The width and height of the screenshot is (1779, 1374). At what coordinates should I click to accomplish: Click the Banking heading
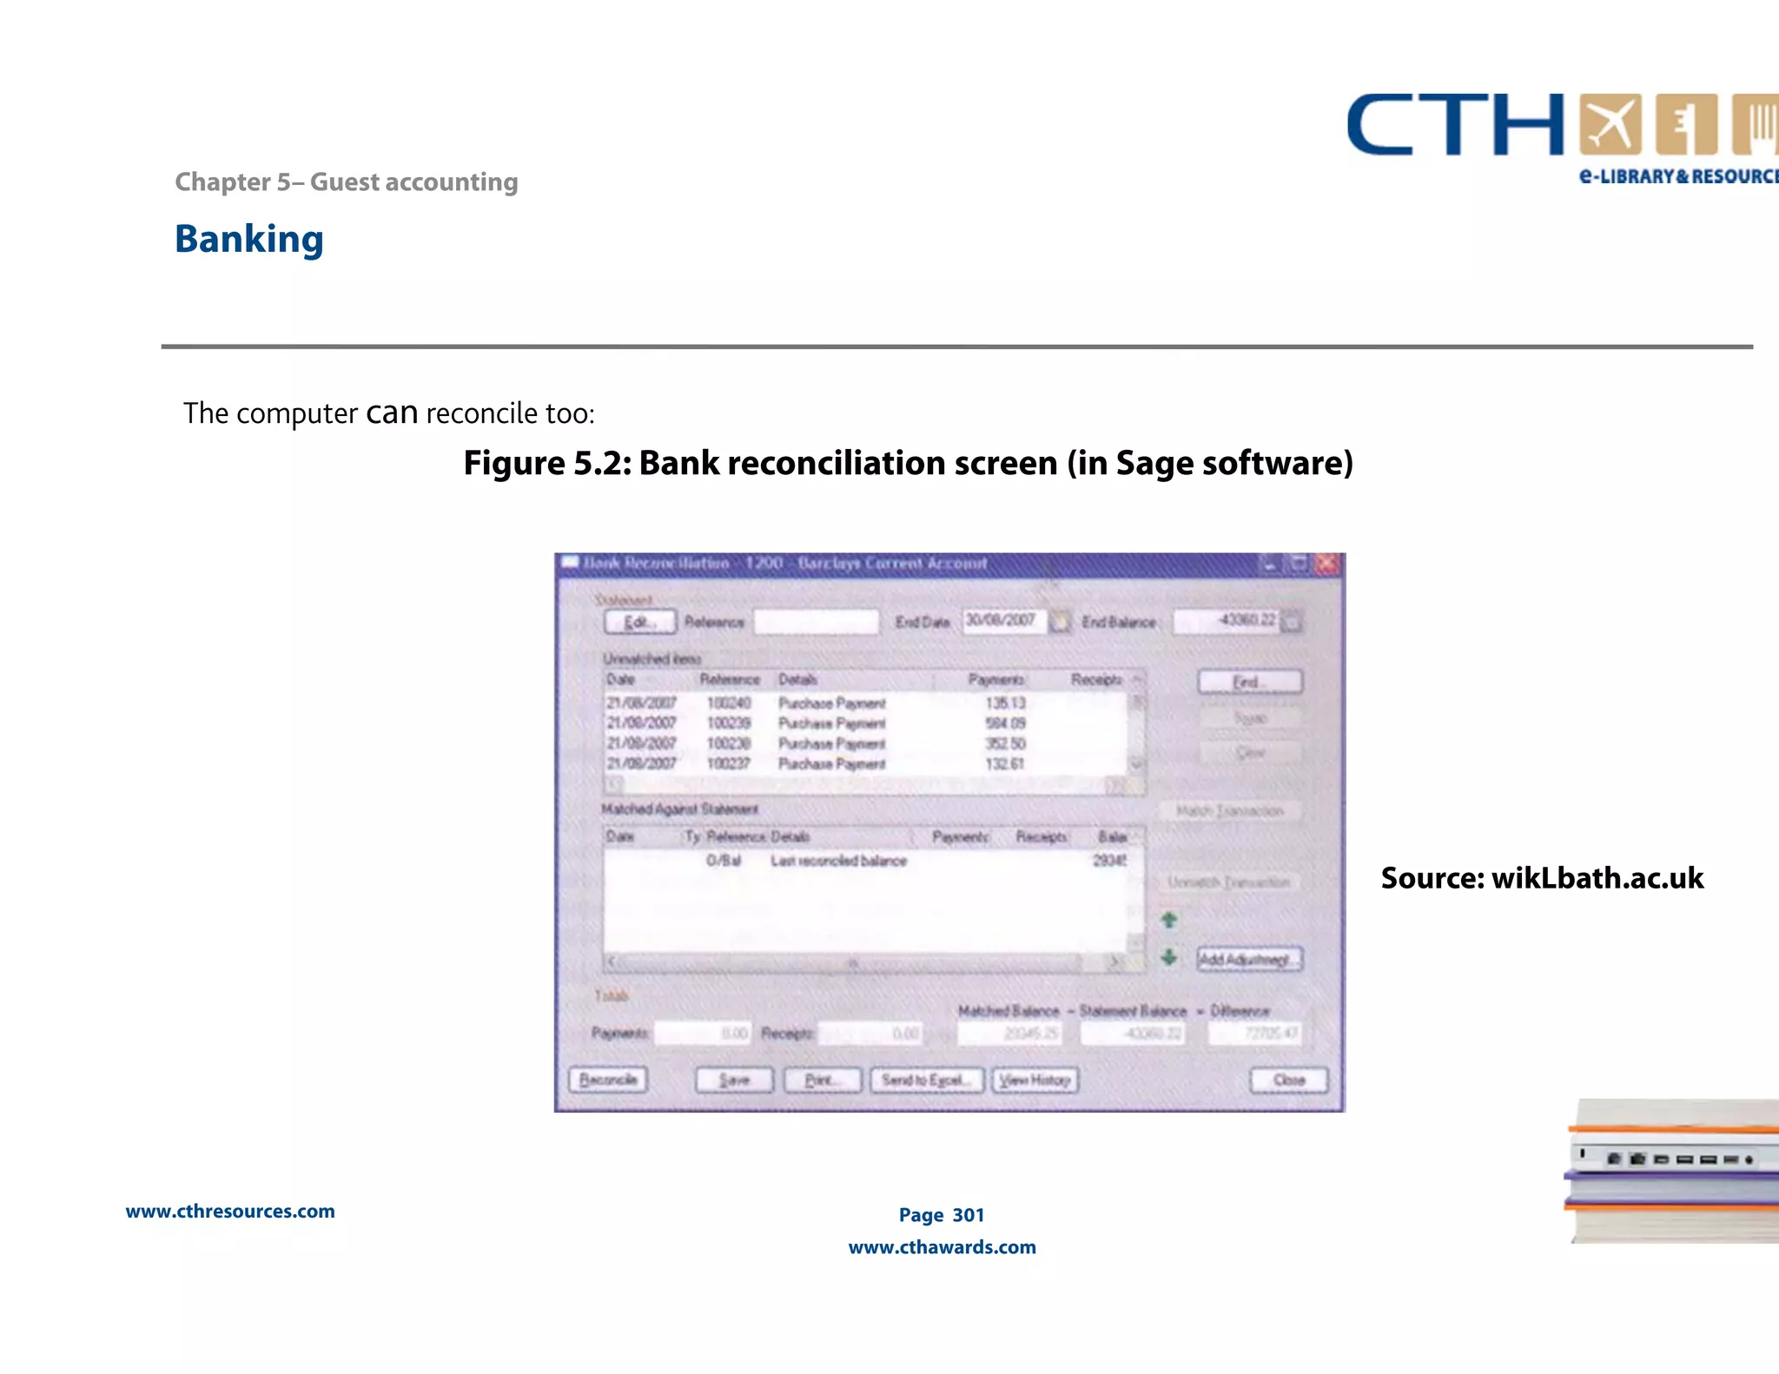pos(249,240)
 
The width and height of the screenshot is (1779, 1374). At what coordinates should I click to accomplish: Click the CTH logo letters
pos(1455,126)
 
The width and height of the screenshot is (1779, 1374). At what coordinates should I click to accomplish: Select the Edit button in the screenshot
pos(639,622)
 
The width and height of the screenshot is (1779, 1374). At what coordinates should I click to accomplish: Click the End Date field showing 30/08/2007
pos(1002,621)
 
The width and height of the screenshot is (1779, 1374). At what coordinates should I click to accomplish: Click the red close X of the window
pos(1327,565)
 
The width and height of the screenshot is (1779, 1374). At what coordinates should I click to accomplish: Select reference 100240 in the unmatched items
pos(728,703)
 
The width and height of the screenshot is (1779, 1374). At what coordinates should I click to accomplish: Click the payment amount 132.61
pos(1005,763)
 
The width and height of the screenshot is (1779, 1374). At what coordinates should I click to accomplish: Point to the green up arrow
pos(1169,920)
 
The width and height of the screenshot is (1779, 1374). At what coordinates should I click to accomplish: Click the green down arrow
pos(1169,957)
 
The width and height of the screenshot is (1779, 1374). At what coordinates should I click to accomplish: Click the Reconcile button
pos(608,1080)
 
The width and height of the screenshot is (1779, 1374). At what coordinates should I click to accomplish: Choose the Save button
pos(734,1080)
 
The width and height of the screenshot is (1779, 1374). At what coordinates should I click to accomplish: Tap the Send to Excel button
pos(926,1080)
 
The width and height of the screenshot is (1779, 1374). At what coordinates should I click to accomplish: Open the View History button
pos(1035,1080)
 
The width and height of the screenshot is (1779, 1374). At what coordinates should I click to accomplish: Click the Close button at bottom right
pos(1289,1080)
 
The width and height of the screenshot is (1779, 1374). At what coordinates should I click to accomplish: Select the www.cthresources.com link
pos(230,1212)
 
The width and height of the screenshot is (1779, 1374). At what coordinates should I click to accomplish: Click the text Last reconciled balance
pos(838,861)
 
